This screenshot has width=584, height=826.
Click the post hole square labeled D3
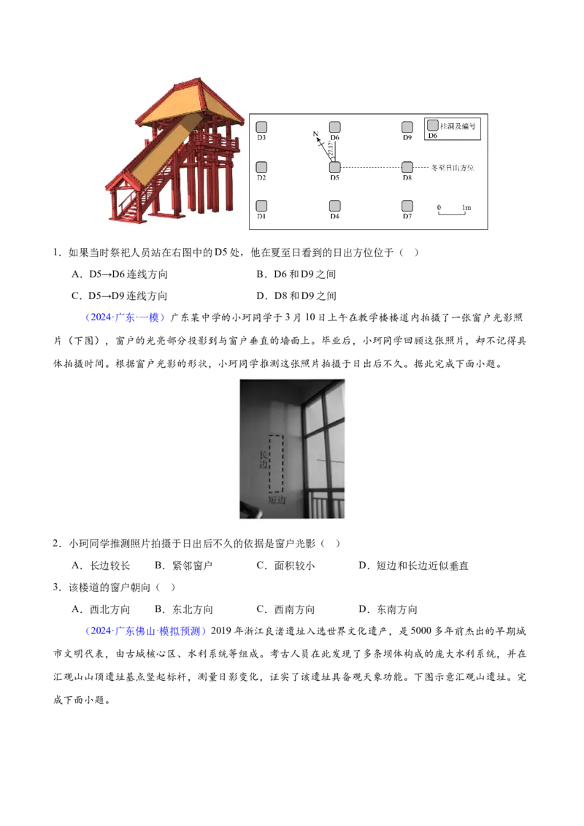(x=261, y=127)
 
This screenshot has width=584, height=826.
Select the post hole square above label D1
(x=261, y=206)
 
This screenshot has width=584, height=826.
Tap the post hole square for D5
(x=334, y=167)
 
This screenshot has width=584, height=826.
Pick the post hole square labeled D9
(x=407, y=127)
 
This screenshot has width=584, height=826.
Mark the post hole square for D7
(x=407, y=206)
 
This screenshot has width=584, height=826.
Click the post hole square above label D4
(x=334, y=206)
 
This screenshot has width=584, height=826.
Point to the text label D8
(x=407, y=177)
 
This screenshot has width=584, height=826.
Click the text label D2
(x=261, y=177)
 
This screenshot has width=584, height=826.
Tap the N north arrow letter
(x=315, y=134)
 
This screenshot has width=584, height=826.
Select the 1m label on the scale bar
(x=466, y=208)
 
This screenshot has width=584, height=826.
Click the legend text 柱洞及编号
(x=458, y=126)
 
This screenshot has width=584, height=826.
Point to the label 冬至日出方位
(x=453, y=168)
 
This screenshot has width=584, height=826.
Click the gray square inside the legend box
(x=433, y=126)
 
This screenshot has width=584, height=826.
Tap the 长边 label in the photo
(x=264, y=460)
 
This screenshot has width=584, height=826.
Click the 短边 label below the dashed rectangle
(x=277, y=501)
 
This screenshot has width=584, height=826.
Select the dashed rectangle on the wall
(x=276, y=464)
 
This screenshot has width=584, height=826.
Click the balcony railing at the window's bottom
(x=327, y=503)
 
